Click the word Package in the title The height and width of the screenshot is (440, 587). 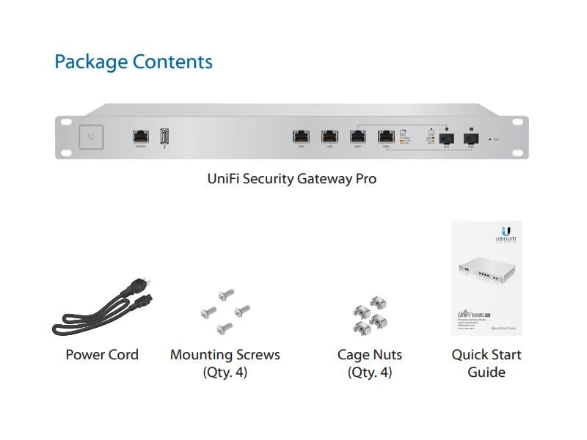pyautogui.click(x=91, y=62)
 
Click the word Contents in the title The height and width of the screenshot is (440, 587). pyautogui.click(x=172, y=62)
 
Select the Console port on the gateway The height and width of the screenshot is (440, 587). pyautogui.click(x=141, y=136)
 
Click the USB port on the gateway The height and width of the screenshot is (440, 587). pyautogui.click(x=165, y=136)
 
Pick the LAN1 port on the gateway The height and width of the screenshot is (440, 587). pyautogui.click(x=301, y=136)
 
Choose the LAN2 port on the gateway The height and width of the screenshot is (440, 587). pyautogui.click(x=329, y=136)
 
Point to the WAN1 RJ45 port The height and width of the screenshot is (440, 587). pyautogui.click(x=357, y=136)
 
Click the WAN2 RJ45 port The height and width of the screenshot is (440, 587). pyautogui.click(x=386, y=136)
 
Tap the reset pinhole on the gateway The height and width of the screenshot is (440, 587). pyautogui.click(x=489, y=139)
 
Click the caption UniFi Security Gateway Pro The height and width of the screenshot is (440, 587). pyautogui.click(x=292, y=178)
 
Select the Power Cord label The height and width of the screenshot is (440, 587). pyautogui.click(x=102, y=355)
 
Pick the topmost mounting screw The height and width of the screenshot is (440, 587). pyautogui.click(x=227, y=294)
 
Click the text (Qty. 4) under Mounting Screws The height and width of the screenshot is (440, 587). pyautogui.click(x=225, y=373)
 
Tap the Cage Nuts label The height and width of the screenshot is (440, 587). pyautogui.click(x=370, y=355)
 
